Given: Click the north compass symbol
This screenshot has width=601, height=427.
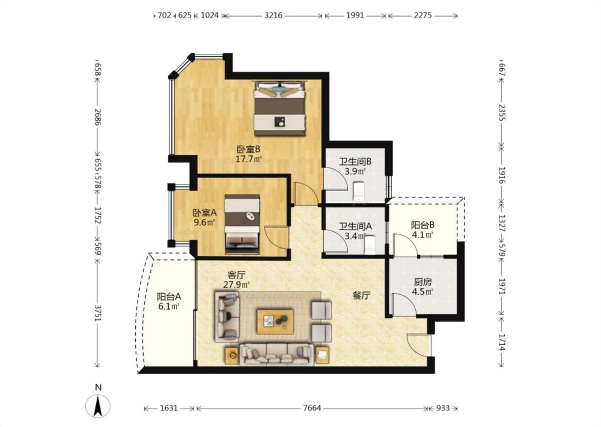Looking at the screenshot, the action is pyautogui.click(x=98, y=405).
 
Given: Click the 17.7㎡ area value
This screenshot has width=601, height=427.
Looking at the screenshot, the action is pyautogui.click(x=248, y=159).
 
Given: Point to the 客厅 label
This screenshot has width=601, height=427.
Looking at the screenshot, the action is pyautogui.click(x=237, y=275).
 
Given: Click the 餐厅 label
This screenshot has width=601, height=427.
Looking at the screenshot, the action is pyautogui.click(x=362, y=295).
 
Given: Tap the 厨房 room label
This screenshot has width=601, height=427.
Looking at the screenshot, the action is pyautogui.click(x=423, y=282).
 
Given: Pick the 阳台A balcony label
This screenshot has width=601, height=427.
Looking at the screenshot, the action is pyautogui.click(x=169, y=296).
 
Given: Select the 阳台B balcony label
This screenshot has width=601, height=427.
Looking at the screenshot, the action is pyautogui.click(x=423, y=225).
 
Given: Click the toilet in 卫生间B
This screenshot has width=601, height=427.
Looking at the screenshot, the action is pyautogui.click(x=358, y=191).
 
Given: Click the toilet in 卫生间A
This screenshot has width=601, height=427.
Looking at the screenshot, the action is pyautogui.click(x=370, y=245).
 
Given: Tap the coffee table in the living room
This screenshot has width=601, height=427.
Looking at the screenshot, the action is pyautogui.click(x=276, y=322).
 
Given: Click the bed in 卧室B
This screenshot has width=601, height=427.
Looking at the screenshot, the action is pyautogui.click(x=279, y=108).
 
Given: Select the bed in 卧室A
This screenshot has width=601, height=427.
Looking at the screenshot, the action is pyautogui.click(x=242, y=224).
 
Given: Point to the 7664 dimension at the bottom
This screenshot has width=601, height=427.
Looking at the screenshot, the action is pyautogui.click(x=311, y=408).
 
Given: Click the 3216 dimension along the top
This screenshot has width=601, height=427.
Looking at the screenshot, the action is pyautogui.click(x=274, y=15).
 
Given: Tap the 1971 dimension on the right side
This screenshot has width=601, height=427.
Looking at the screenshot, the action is pyautogui.click(x=502, y=286).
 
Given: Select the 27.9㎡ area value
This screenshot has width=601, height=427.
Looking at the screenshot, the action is pyautogui.click(x=237, y=284).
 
